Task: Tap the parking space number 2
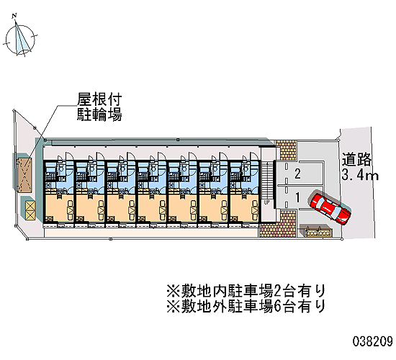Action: point(298,174)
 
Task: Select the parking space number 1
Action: point(298,197)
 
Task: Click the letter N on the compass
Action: point(14,16)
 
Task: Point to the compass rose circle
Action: point(20,39)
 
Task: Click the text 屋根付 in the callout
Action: point(99,99)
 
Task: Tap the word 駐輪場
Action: point(99,114)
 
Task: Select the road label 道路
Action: point(356,160)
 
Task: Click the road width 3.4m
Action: point(360,175)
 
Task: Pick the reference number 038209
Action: point(373,341)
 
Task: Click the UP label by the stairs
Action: point(267,202)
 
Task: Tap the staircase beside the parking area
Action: point(267,181)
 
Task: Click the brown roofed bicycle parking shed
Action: point(24,174)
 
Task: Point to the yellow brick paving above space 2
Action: point(286,150)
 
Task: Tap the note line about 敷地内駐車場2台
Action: point(246,292)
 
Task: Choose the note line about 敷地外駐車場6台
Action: point(246,306)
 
